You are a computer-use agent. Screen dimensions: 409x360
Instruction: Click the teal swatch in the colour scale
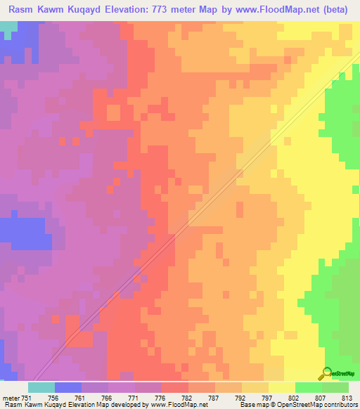pos(41,387)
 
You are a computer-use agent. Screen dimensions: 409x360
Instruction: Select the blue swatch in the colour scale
pos(68,387)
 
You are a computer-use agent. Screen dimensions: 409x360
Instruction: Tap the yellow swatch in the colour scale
pos(281,387)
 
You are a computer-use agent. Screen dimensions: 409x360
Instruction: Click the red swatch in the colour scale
pos(175,387)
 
